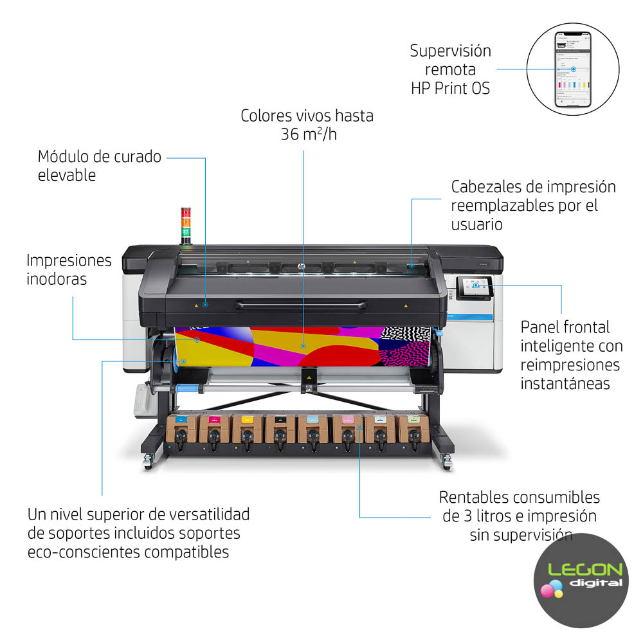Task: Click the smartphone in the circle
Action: pyautogui.click(x=572, y=69)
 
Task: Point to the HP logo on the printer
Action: pyautogui.click(x=299, y=266)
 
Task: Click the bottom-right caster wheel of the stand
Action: pyautogui.click(x=445, y=461)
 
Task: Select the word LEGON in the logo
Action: pyautogui.click(x=585, y=570)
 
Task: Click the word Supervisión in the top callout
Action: pyautogui.click(x=450, y=51)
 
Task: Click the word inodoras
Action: pyautogui.click(x=57, y=279)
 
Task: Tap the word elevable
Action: pyautogui.click(x=66, y=175)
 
